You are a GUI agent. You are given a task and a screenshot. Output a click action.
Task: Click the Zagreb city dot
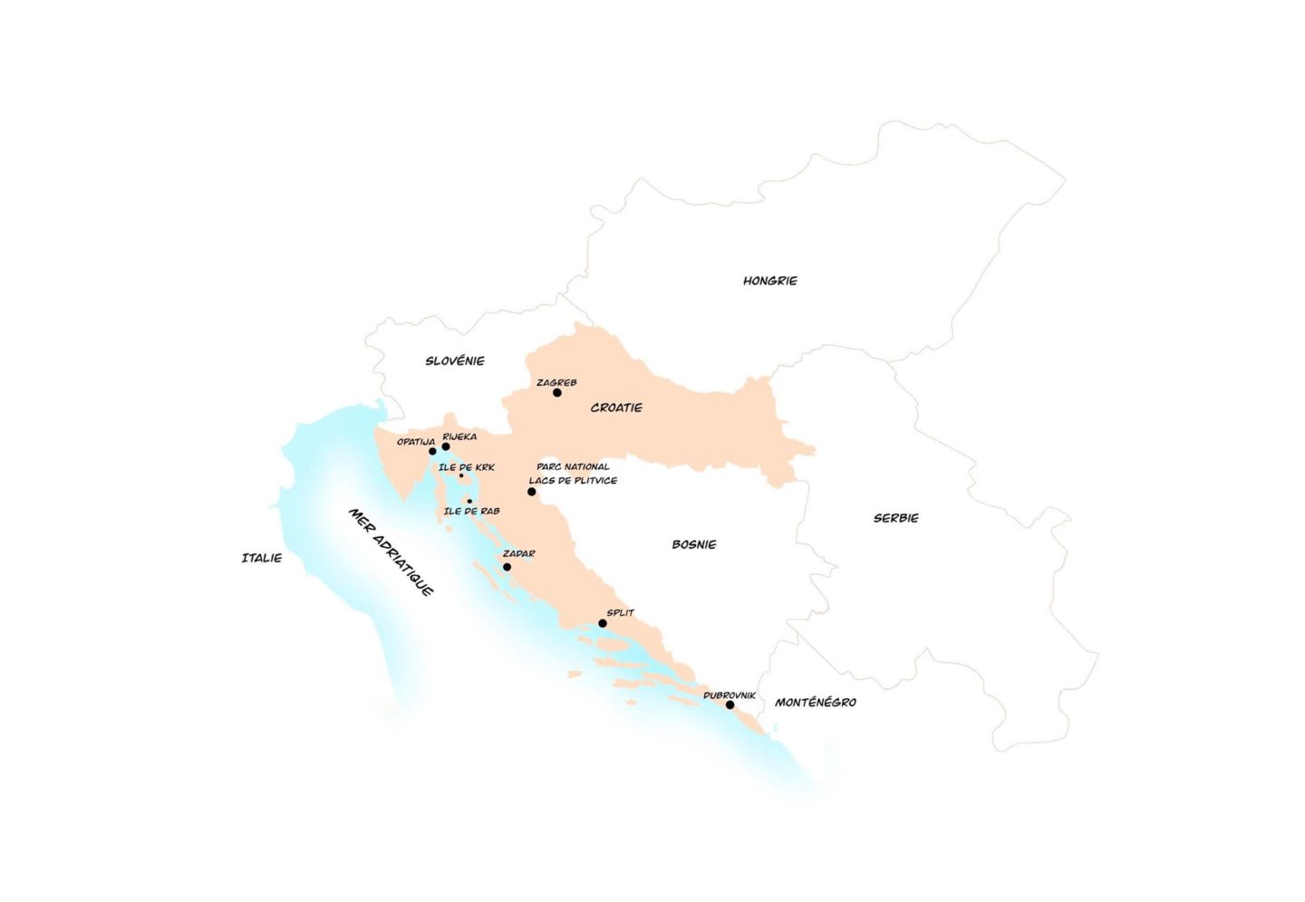557,393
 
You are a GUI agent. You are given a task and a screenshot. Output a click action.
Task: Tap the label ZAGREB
556,382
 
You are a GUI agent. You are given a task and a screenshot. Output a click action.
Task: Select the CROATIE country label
616,408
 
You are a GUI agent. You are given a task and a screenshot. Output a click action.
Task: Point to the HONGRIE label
770,281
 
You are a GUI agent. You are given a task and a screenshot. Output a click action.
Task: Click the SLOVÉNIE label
455,360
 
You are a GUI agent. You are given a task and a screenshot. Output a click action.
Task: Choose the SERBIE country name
896,518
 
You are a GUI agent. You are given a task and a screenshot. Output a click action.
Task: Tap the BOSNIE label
694,544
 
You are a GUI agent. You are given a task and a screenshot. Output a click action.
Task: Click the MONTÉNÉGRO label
816,702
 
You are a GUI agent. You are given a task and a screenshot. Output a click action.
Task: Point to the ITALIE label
262,558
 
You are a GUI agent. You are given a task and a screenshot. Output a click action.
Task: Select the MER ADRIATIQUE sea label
391,552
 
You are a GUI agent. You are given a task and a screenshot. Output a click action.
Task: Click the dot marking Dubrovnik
730,705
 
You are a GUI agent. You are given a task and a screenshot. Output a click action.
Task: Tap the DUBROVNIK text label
730,695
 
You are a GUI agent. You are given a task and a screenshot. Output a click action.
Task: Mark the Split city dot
603,623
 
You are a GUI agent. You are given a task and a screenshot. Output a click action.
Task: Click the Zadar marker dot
507,567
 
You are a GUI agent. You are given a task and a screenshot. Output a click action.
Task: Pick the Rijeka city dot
446,446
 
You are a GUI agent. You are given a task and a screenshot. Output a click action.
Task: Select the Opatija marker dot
432,451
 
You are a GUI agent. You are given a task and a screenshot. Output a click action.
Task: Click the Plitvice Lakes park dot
532,492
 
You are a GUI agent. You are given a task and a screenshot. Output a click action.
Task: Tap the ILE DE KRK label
467,467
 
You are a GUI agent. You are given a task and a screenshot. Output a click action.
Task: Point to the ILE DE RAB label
471,511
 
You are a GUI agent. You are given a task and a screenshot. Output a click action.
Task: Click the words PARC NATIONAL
573,466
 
